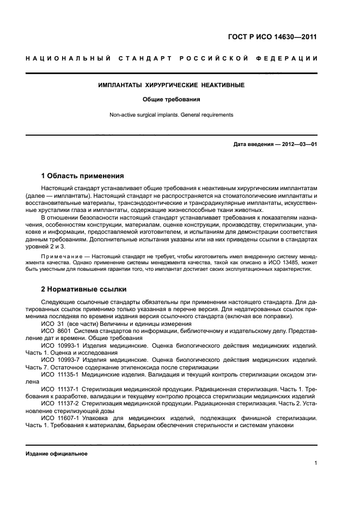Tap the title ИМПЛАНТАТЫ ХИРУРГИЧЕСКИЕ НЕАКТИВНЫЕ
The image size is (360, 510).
[x=171, y=86]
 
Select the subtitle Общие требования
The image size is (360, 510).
[x=171, y=100]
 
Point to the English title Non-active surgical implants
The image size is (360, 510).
[x=171, y=115]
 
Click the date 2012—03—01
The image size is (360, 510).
[x=297, y=144]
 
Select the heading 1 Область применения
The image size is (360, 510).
[x=82, y=176]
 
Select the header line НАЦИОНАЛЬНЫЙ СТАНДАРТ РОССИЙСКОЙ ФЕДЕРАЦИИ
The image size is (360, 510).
[x=171, y=58]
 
